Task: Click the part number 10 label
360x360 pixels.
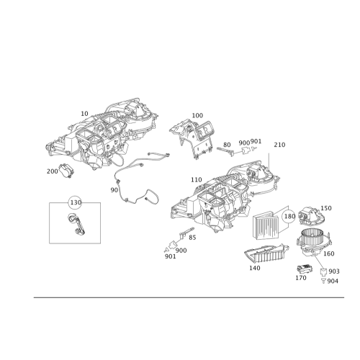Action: tap(84, 114)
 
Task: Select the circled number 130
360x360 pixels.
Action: tap(76, 202)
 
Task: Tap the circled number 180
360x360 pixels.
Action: tap(289, 216)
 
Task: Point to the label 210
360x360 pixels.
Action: tap(279, 145)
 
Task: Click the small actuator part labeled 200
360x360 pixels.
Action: tap(67, 170)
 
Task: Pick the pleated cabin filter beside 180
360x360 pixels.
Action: tap(266, 225)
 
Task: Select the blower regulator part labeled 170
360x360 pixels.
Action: tap(305, 269)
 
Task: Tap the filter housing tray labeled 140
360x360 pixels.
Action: tap(266, 254)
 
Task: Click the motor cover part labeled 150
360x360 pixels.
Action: tap(311, 216)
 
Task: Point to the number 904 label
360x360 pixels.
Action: tap(333, 281)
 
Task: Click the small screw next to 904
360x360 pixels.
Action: tap(323, 281)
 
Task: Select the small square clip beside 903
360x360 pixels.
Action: tap(323, 271)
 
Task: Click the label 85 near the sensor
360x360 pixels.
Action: tap(192, 238)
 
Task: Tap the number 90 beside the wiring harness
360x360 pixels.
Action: tap(114, 190)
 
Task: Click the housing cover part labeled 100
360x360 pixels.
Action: tap(192, 139)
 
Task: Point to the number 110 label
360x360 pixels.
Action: tap(197, 180)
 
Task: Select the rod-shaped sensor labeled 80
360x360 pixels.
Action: tap(225, 151)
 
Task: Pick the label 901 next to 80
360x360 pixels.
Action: tap(256, 141)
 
